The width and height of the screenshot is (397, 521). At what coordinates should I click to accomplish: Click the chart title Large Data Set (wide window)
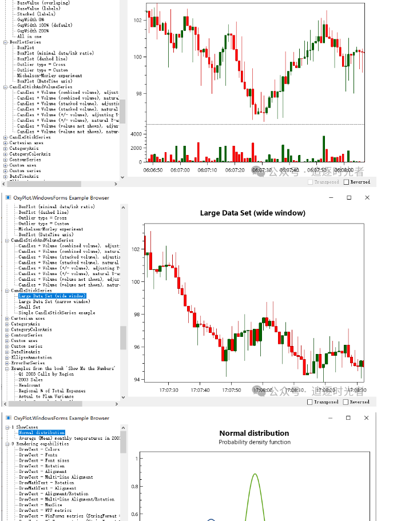pyautogui.click(x=252, y=213)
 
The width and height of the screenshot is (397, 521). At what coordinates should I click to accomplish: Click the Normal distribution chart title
pyautogui.click(x=254, y=433)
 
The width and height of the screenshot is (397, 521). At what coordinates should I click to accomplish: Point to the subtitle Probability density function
pyautogui.click(x=254, y=442)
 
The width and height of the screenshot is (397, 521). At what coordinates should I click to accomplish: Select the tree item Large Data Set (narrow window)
pyautogui.click(x=54, y=301)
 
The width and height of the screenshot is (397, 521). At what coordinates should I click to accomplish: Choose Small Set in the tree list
pyautogui.click(x=29, y=307)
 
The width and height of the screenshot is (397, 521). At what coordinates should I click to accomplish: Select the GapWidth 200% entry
pyautogui.click(x=33, y=31)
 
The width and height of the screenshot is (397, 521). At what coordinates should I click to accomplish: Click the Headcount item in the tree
pyautogui.click(x=30, y=385)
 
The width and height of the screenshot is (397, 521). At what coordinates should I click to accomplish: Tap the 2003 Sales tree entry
pyautogui.click(x=31, y=379)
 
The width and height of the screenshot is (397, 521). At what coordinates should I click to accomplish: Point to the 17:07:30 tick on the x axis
pyautogui.click(x=169, y=390)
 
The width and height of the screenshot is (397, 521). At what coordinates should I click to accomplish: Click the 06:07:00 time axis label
pyautogui.click(x=180, y=170)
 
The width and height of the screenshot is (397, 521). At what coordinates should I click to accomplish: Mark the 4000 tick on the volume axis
pyautogui.click(x=136, y=134)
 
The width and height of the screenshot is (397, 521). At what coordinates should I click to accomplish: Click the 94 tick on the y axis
pyautogui.click(x=136, y=379)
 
